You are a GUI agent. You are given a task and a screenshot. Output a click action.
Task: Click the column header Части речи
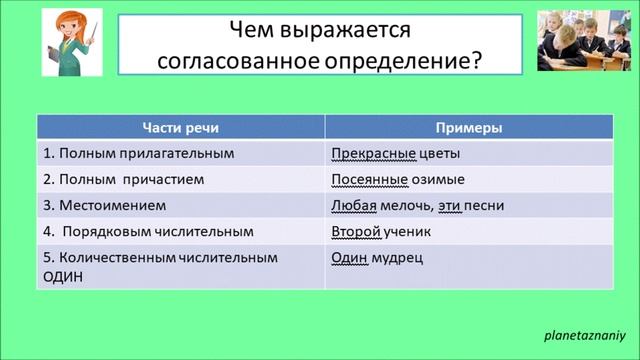pos(180,129)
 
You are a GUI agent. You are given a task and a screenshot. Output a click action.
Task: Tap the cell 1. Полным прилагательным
pos(138,154)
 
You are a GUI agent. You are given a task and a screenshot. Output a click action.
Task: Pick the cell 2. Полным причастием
pos(124,180)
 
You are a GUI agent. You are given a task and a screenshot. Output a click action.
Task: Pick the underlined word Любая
pos(353,206)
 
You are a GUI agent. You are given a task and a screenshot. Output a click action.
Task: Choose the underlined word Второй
pos(356,232)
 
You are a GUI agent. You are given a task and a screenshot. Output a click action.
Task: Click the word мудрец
pos(402,258)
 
